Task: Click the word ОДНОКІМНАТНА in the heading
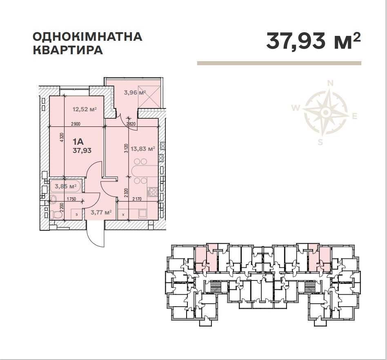[87, 37]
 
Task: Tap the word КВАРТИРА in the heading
[67, 50]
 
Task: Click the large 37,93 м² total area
[313, 41]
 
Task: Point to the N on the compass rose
[331, 83]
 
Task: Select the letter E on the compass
[354, 117]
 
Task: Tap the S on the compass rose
[320, 142]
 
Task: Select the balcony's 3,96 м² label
[135, 92]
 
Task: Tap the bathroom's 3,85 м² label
[66, 186]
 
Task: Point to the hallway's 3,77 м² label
[101, 212]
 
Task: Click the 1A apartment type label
[78, 142]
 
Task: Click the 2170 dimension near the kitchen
[138, 199]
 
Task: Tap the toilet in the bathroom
[55, 214]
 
